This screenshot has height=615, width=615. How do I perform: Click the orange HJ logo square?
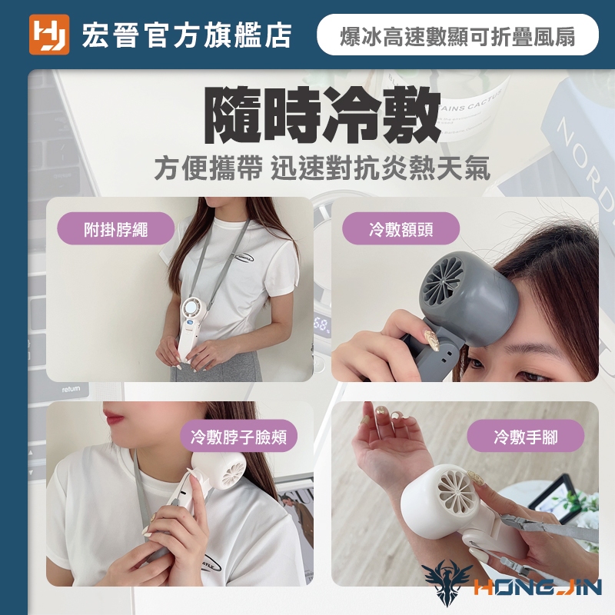(49, 35)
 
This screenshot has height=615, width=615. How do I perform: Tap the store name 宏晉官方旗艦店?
(186, 35)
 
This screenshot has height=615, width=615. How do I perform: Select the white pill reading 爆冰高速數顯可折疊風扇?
(457, 35)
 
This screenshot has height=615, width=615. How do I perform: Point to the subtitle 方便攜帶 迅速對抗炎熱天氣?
(322, 168)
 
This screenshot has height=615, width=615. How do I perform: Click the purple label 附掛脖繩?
(116, 228)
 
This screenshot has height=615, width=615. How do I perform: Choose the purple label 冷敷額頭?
(401, 228)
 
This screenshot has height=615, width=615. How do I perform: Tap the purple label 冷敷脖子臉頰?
(238, 436)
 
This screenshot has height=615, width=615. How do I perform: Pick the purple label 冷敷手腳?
(526, 436)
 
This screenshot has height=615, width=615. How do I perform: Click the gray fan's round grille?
(444, 281)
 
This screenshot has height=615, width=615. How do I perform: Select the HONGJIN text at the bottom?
(537, 587)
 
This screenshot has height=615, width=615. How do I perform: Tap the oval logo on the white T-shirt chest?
(244, 258)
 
